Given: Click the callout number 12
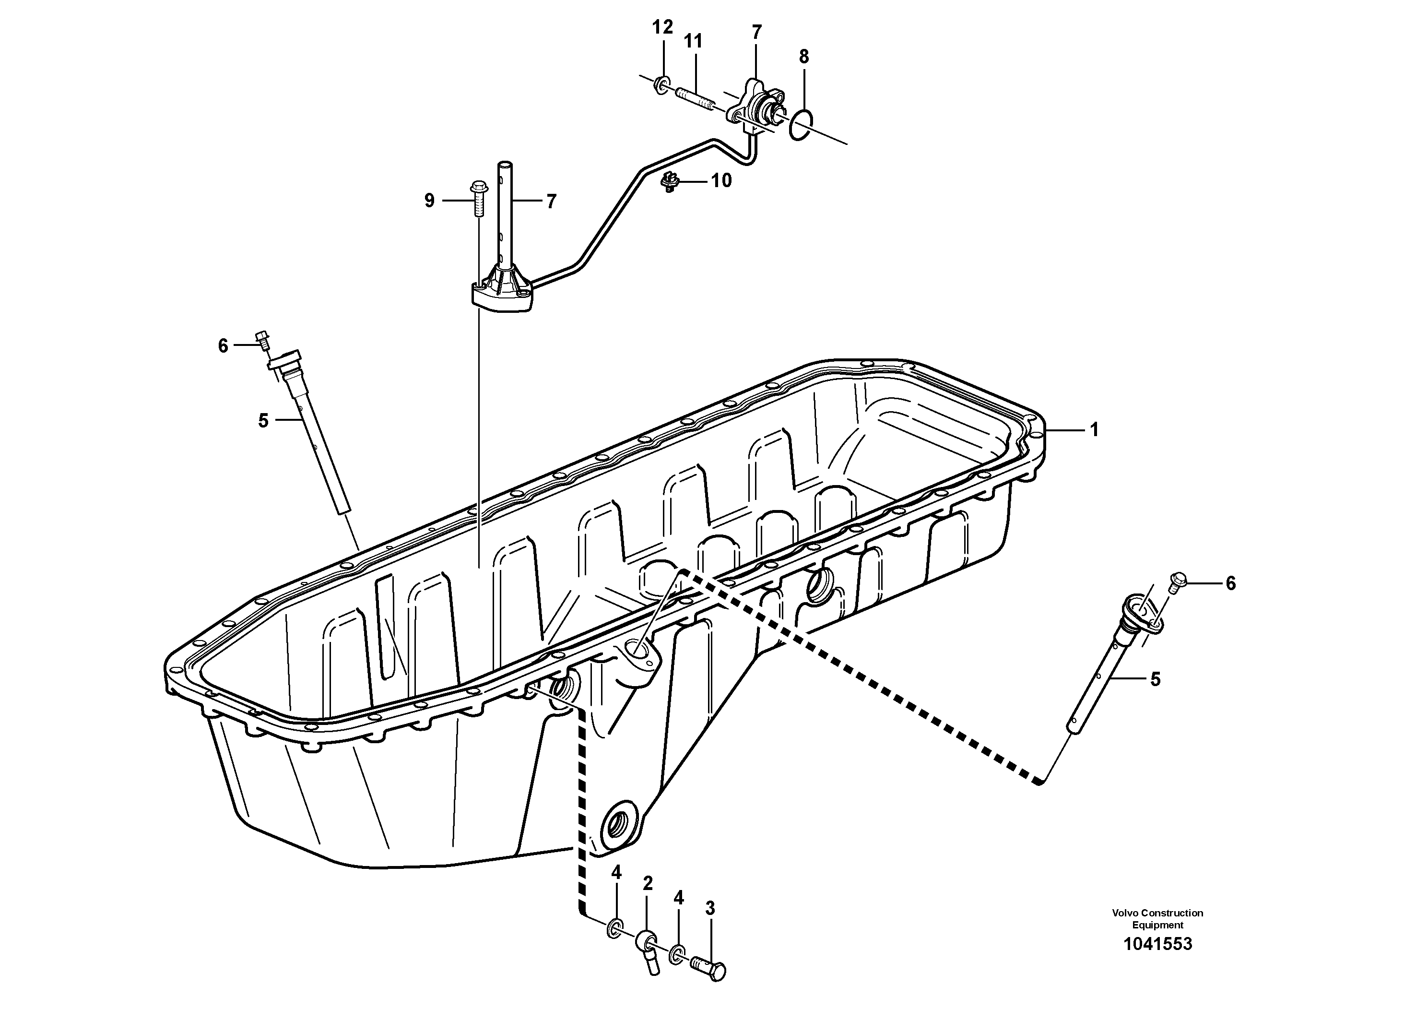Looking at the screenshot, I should pyautogui.click(x=662, y=27).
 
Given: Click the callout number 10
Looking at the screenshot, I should pyautogui.click(x=721, y=180).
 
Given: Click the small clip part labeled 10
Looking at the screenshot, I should pyautogui.click(x=669, y=182).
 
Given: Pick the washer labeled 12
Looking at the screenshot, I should pyautogui.click(x=663, y=83).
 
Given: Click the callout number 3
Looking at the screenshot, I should pyautogui.click(x=710, y=909).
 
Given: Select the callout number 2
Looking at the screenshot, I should pyautogui.click(x=648, y=883).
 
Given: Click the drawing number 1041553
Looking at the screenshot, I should pyautogui.click(x=1157, y=944).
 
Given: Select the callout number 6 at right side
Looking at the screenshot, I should pyautogui.click(x=1230, y=583).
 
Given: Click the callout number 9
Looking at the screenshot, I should pyautogui.click(x=429, y=201).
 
